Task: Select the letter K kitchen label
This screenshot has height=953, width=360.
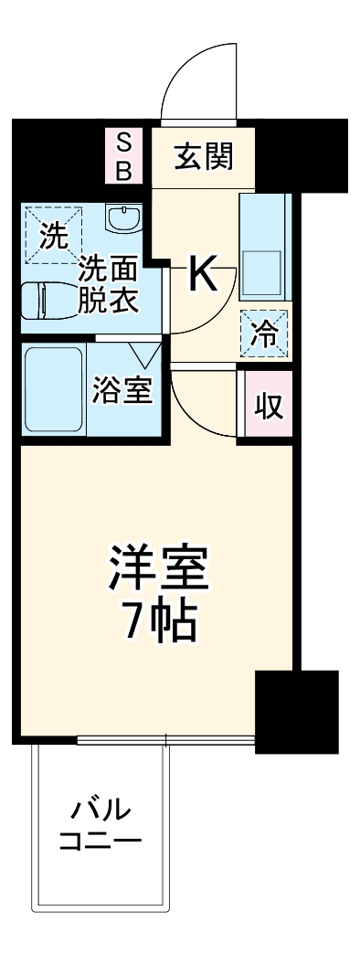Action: tap(204, 274)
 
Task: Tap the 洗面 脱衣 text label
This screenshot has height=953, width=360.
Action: tap(107, 285)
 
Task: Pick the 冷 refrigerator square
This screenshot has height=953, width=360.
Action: tap(264, 333)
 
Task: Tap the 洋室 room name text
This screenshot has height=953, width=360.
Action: tap(160, 568)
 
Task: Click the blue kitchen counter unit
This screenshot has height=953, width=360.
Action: tap(265, 246)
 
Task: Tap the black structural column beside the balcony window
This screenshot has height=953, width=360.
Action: tap(296, 711)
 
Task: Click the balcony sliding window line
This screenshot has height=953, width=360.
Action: tap(164, 739)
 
